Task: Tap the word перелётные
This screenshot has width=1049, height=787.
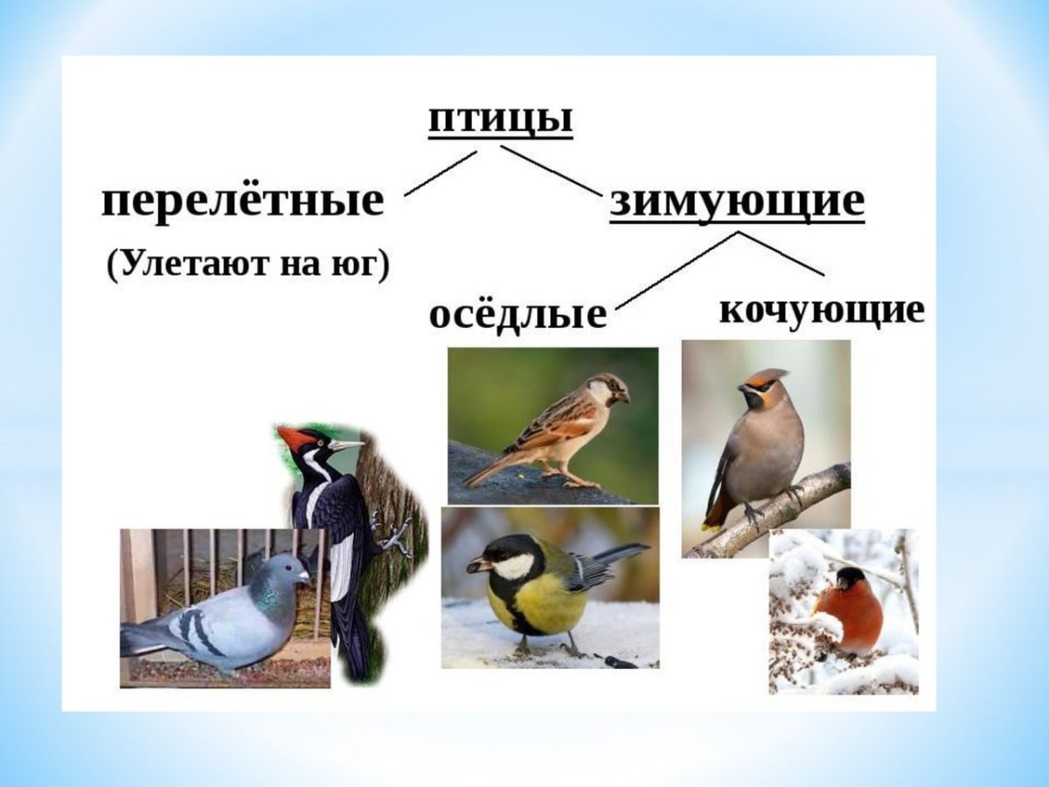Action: pos(243,202)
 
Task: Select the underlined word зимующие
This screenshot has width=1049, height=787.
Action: pos(736,202)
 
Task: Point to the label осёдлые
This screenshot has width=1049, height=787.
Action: pos(518,314)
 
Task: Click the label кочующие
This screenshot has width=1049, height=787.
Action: pos(821,310)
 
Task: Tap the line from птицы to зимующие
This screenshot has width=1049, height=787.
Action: pos(551,170)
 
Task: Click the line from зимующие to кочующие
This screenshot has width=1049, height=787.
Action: pos(782,254)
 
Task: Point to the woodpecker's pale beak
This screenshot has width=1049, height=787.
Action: pos(346,446)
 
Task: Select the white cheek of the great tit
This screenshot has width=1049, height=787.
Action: pos(512,567)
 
